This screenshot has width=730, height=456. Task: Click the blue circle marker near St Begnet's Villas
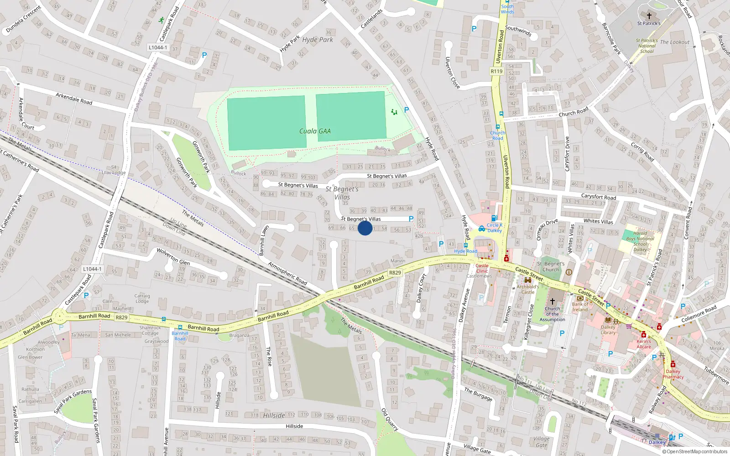[365, 228]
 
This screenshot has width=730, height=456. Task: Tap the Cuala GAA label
[315, 131]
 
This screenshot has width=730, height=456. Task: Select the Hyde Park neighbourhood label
[318, 40]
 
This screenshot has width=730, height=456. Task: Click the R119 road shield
[496, 71]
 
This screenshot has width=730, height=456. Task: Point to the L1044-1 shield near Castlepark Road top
[158, 47]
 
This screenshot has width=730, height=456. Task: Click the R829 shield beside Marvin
[395, 273]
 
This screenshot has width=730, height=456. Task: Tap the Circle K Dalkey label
[495, 228]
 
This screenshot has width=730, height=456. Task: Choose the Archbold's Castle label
[528, 290]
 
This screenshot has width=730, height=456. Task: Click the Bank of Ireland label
[580, 307]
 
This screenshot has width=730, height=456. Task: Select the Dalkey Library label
[608, 330]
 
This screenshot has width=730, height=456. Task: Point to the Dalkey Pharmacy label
[673, 374]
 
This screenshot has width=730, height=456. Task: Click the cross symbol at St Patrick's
[649, 16]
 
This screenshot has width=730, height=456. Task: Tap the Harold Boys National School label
[640, 241]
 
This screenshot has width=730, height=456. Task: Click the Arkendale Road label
[74, 98]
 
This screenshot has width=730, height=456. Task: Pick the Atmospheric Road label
[287, 273]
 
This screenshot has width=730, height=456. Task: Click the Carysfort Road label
[599, 197]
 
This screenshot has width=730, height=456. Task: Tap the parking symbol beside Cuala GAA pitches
[407, 110]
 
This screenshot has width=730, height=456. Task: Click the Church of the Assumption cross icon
[552, 301]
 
